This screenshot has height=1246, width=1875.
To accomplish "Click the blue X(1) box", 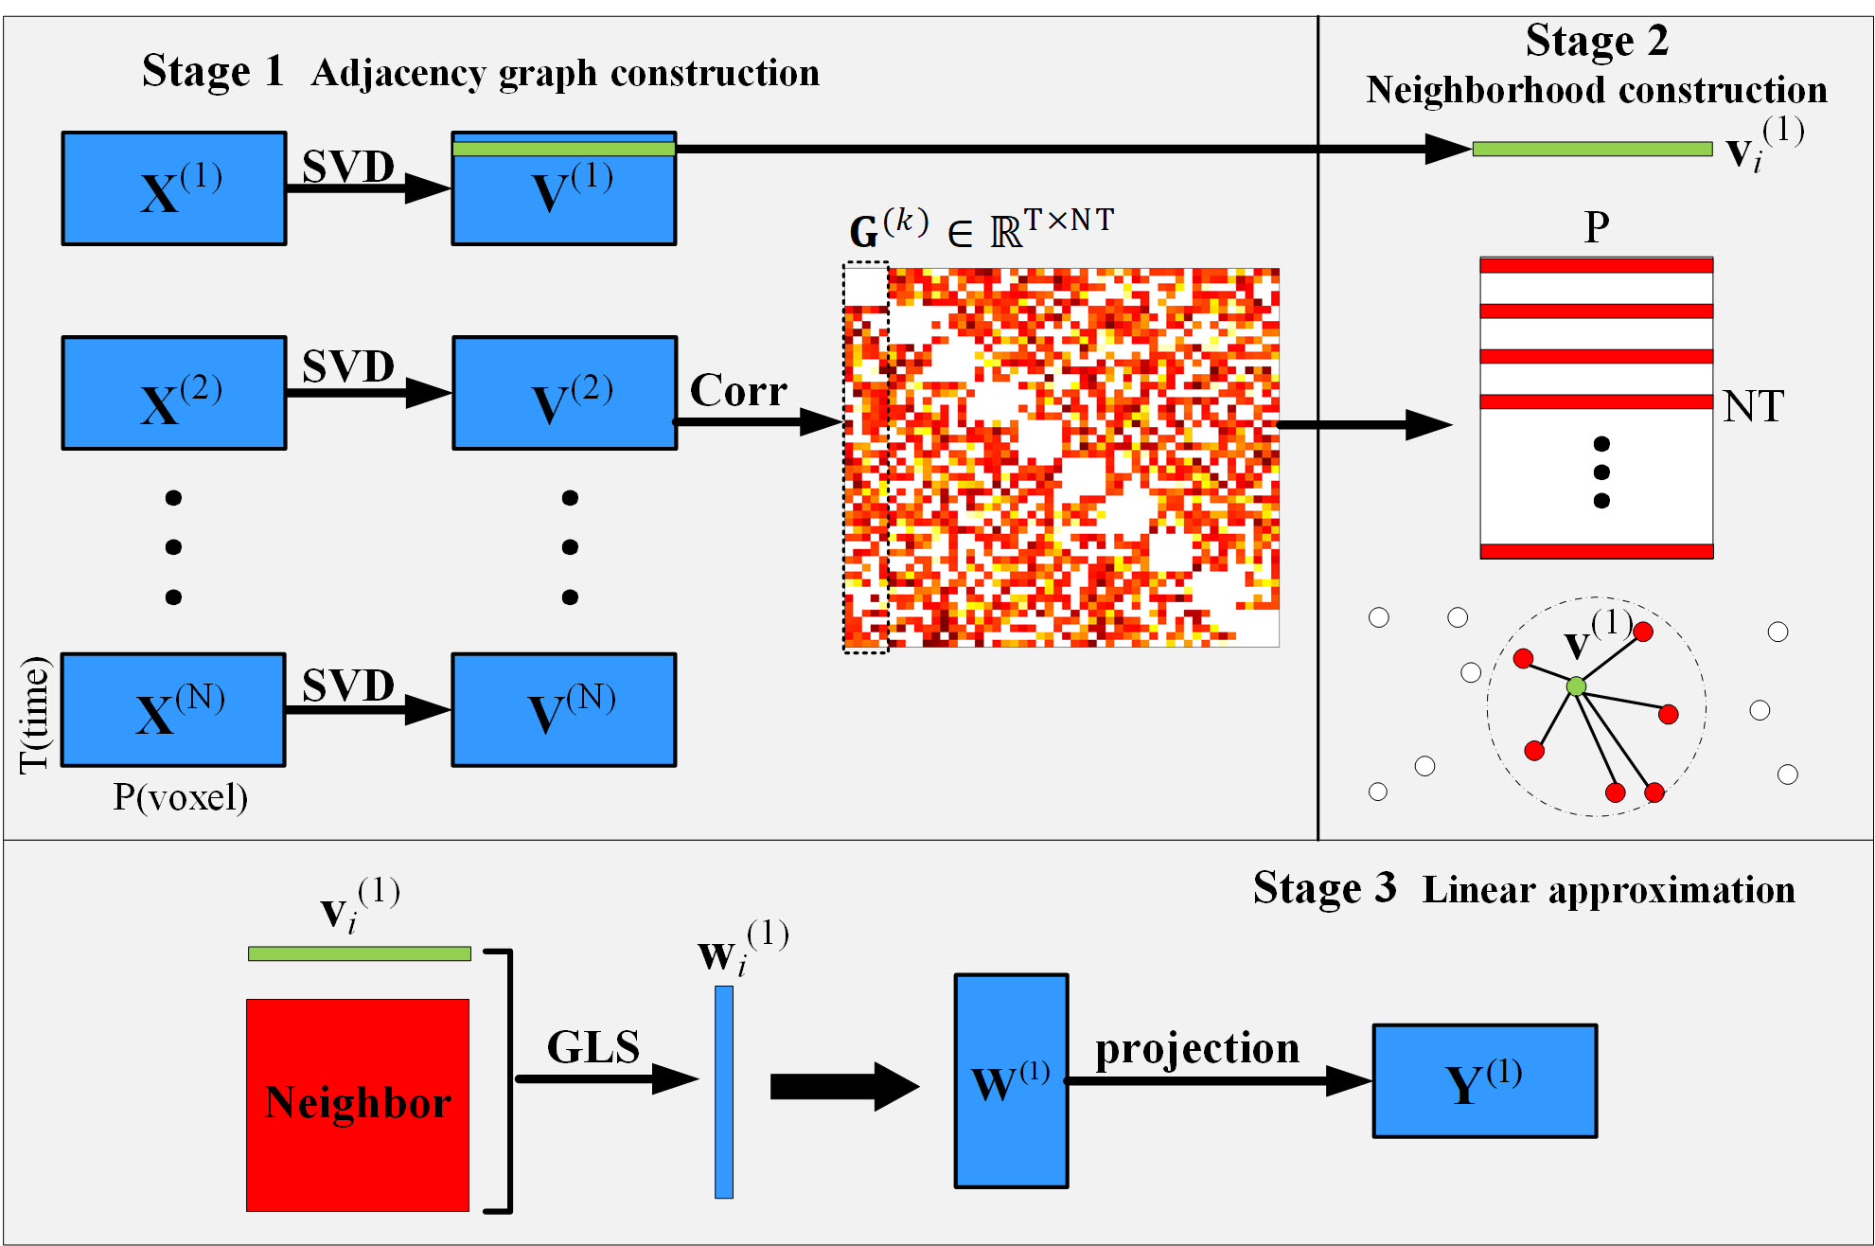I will tap(174, 188).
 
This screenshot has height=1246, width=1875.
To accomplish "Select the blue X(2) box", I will tap(174, 393).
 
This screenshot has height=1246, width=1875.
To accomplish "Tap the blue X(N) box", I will tap(173, 710).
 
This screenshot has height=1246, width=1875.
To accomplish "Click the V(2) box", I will tap(565, 393).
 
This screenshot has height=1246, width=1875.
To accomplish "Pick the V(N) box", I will tap(564, 710).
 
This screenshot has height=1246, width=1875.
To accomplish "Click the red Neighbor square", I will tap(358, 1105).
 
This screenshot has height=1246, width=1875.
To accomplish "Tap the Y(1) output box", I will tap(1485, 1081).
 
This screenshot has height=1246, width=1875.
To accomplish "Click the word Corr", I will tap(738, 390).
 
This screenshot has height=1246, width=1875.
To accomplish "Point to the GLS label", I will tap(593, 1047).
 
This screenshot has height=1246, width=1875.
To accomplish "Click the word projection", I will tap(1197, 1049).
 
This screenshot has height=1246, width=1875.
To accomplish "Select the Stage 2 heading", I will tap(1597, 42).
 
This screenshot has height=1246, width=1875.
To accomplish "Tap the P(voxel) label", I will tap(180, 797).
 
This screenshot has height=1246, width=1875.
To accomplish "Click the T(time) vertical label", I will tap(34, 715).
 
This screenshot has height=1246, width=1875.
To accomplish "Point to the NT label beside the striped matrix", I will tap(1753, 407).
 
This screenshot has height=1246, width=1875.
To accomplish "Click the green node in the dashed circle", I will tap(1576, 686).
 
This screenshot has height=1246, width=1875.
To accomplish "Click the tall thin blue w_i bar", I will tap(724, 1092).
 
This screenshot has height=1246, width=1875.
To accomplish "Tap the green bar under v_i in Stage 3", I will tap(360, 953).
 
